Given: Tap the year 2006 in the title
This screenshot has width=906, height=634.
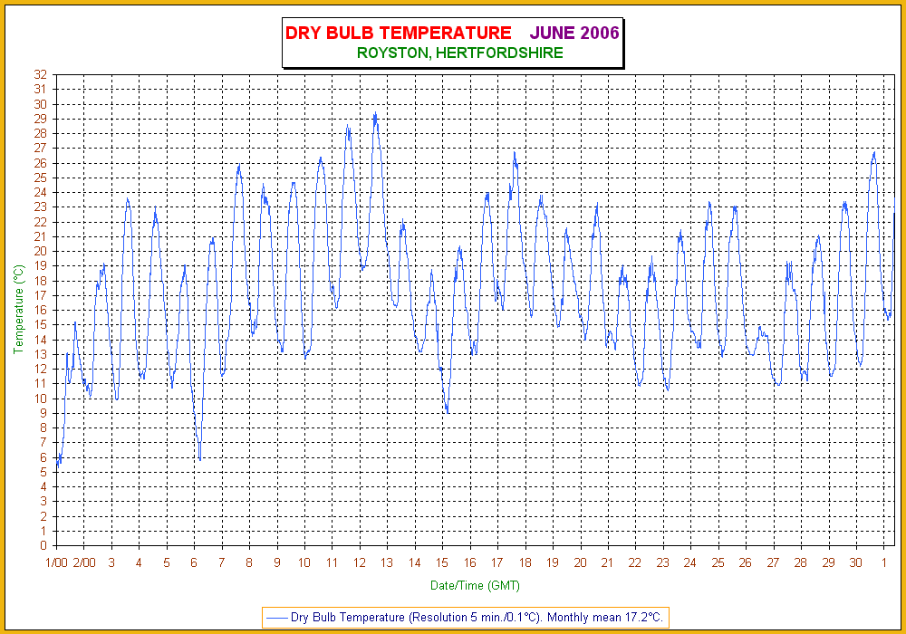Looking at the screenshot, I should point(600,33).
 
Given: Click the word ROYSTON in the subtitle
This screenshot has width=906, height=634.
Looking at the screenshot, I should point(394,53).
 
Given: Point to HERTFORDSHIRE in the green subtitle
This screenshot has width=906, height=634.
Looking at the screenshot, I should point(499,53).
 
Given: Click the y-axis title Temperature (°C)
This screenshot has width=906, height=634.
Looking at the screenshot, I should point(18,310).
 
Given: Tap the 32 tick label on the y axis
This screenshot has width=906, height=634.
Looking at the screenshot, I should point(40,74).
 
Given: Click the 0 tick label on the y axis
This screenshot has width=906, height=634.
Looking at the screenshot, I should point(43,545).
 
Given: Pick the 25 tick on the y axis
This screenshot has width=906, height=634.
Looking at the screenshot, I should point(40,178).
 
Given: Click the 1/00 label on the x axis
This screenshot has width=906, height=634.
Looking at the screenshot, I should point(56,562).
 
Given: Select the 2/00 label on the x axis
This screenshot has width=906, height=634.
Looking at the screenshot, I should point(83,562).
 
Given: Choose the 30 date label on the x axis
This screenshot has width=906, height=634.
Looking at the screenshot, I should point(855,562).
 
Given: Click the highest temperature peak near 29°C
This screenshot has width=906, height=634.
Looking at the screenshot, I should point(375,114).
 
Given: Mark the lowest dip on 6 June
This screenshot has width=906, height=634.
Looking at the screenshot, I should point(199,458).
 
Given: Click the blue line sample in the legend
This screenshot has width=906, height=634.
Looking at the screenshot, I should point(276,618).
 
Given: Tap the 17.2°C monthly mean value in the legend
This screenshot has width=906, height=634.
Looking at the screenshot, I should point(642,618).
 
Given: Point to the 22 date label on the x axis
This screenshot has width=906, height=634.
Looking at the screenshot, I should point(635,562).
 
